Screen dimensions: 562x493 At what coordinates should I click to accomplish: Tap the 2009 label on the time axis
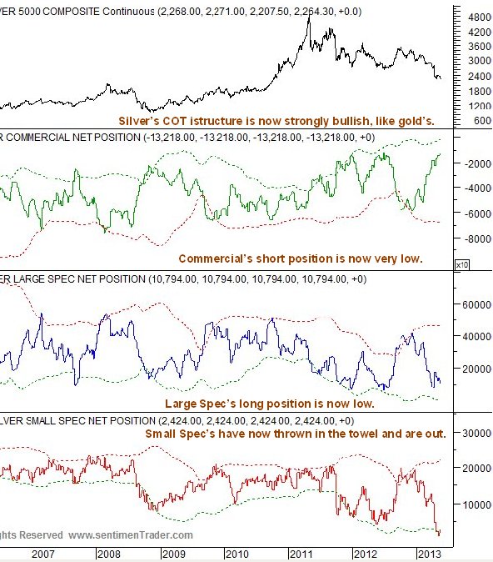click(173, 553)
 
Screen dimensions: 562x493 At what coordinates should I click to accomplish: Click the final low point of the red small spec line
click(439, 534)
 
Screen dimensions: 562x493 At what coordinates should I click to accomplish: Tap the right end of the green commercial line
click(440, 154)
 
